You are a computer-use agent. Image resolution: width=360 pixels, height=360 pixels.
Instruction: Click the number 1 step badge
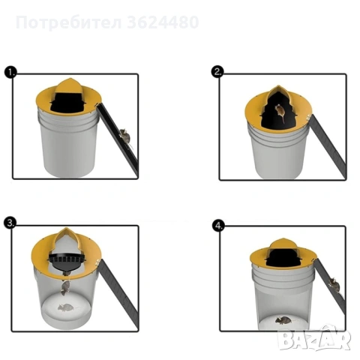[x=10, y=73]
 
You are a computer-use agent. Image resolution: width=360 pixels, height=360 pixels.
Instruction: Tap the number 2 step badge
[x=217, y=72]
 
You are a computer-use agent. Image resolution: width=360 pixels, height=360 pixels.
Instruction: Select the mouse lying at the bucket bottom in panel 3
[x=66, y=307]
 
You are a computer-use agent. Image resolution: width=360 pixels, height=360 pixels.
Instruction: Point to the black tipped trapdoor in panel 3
[x=68, y=263]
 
